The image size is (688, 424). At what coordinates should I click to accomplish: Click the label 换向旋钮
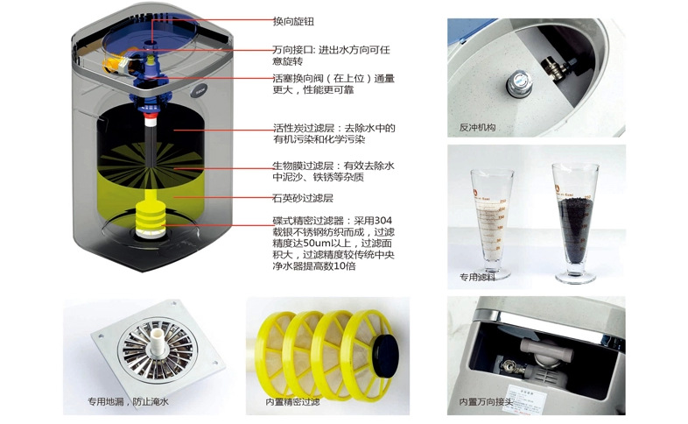coord(293,22)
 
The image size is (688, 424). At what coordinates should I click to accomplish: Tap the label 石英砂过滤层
coord(303,198)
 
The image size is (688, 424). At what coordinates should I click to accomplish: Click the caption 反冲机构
coord(477,128)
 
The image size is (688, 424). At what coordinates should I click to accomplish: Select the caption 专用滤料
coord(477,278)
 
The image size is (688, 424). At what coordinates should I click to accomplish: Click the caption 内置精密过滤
coord(292,401)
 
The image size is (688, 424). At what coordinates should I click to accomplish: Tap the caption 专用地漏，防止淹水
coord(128,401)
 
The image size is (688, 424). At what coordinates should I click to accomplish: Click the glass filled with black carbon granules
coord(575,223)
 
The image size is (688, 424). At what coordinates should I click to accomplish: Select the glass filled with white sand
coord(492,224)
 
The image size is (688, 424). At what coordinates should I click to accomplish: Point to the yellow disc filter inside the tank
coord(151,219)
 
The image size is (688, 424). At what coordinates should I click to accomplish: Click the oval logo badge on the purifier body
coord(200,91)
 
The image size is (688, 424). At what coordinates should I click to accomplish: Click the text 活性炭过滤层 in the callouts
coord(304,128)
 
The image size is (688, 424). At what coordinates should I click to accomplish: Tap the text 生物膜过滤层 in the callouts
coord(303,166)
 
